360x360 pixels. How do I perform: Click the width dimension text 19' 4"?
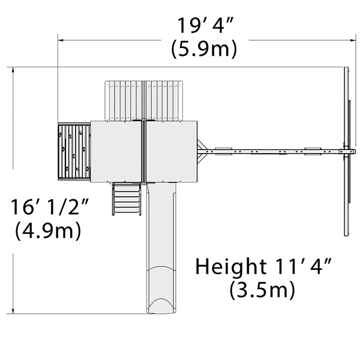tap(205, 25)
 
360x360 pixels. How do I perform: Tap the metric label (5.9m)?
tap(204, 49)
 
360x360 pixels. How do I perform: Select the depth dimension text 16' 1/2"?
tap(50, 207)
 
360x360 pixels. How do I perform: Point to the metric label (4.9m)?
tap(48, 230)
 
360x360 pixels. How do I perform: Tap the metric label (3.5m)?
tap(262, 290)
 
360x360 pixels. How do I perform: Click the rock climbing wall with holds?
tap(74, 152)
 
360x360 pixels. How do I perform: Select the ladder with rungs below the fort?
tap(127, 199)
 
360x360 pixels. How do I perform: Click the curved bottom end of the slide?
tap(161, 305)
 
